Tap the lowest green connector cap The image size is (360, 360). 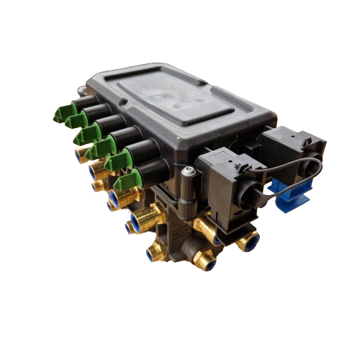coord(127,181)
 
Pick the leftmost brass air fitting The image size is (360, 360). coord(78,153)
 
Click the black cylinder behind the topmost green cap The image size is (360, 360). coord(84,104)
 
